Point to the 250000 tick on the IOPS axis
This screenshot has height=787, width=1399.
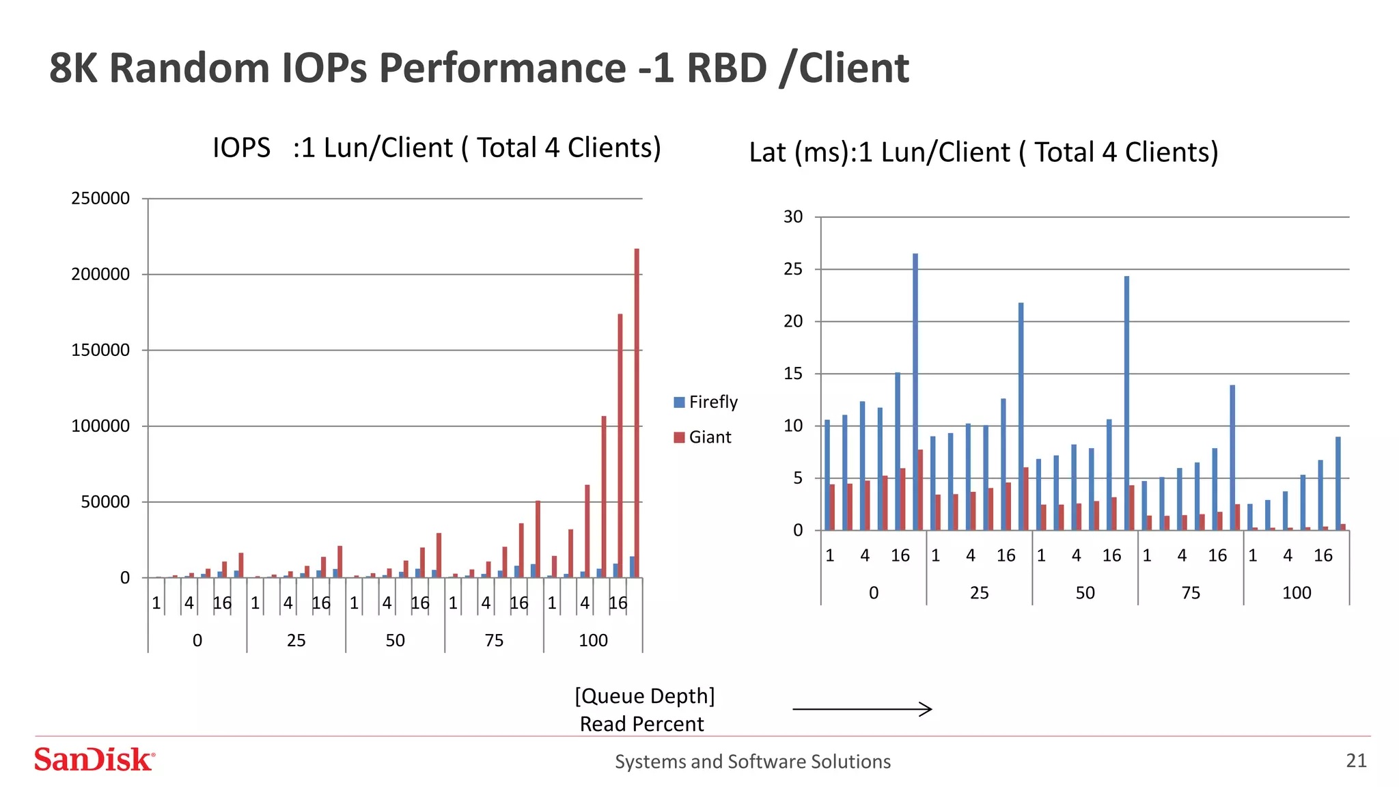pos(100,199)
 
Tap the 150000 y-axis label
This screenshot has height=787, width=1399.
pos(100,350)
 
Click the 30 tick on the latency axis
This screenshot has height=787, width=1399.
pos(793,217)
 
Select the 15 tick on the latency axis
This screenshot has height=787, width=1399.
pos(793,374)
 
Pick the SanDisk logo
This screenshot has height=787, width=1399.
pos(94,760)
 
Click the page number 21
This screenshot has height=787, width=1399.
pos(1356,760)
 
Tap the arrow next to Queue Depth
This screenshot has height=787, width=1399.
pos(862,709)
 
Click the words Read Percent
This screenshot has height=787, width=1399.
pos(641,724)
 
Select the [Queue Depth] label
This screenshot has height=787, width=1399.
pos(644,696)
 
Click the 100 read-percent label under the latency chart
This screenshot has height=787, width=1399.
pos(1296,593)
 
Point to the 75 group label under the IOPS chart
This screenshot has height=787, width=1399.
pos(494,641)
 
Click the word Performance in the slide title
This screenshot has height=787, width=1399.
pos(502,68)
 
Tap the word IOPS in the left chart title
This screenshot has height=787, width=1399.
pos(241,148)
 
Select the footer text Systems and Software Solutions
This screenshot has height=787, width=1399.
pos(752,762)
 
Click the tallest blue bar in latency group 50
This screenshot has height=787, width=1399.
pos(1126,403)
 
